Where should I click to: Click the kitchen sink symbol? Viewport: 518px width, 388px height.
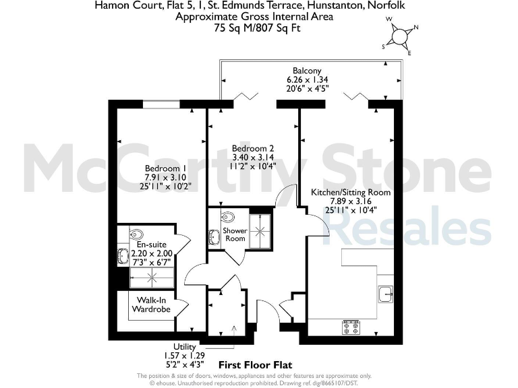pos(386,294)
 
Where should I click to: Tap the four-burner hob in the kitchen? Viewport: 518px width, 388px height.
pos(351,327)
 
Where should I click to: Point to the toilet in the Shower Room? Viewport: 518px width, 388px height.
pos(227,218)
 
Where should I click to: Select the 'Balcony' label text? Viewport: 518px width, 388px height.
pos(307,71)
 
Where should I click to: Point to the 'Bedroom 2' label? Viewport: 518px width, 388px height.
pos(253,148)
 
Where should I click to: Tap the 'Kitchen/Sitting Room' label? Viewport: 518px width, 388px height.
pos(350,192)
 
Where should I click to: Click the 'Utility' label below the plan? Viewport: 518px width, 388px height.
pos(184,346)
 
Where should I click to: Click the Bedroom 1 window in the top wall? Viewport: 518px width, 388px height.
pos(161,104)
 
